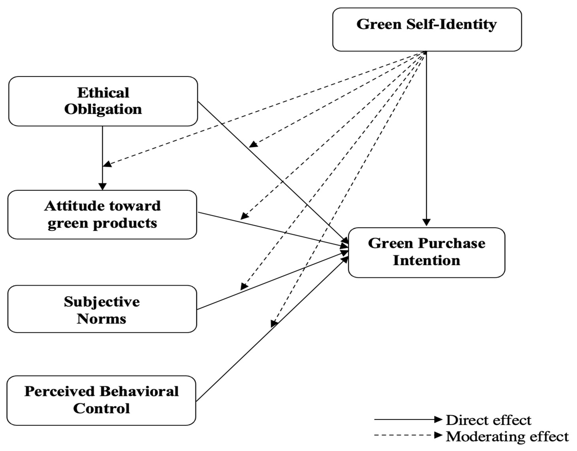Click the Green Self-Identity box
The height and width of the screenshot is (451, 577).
[427, 30]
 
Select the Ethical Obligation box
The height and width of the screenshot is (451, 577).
[103, 101]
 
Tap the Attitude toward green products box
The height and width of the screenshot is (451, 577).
[102, 215]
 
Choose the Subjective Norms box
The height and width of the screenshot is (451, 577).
[102, 309]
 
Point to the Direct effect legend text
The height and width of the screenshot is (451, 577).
[489, 420]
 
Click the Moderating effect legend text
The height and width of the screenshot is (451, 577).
[507, 437]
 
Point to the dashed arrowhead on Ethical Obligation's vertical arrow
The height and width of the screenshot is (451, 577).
[107, 164]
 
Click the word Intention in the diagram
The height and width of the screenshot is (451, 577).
[426, 261]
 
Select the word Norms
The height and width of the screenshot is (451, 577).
[101, 319]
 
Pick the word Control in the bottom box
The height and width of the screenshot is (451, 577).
[101, 409]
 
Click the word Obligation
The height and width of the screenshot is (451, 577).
[103, 109]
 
